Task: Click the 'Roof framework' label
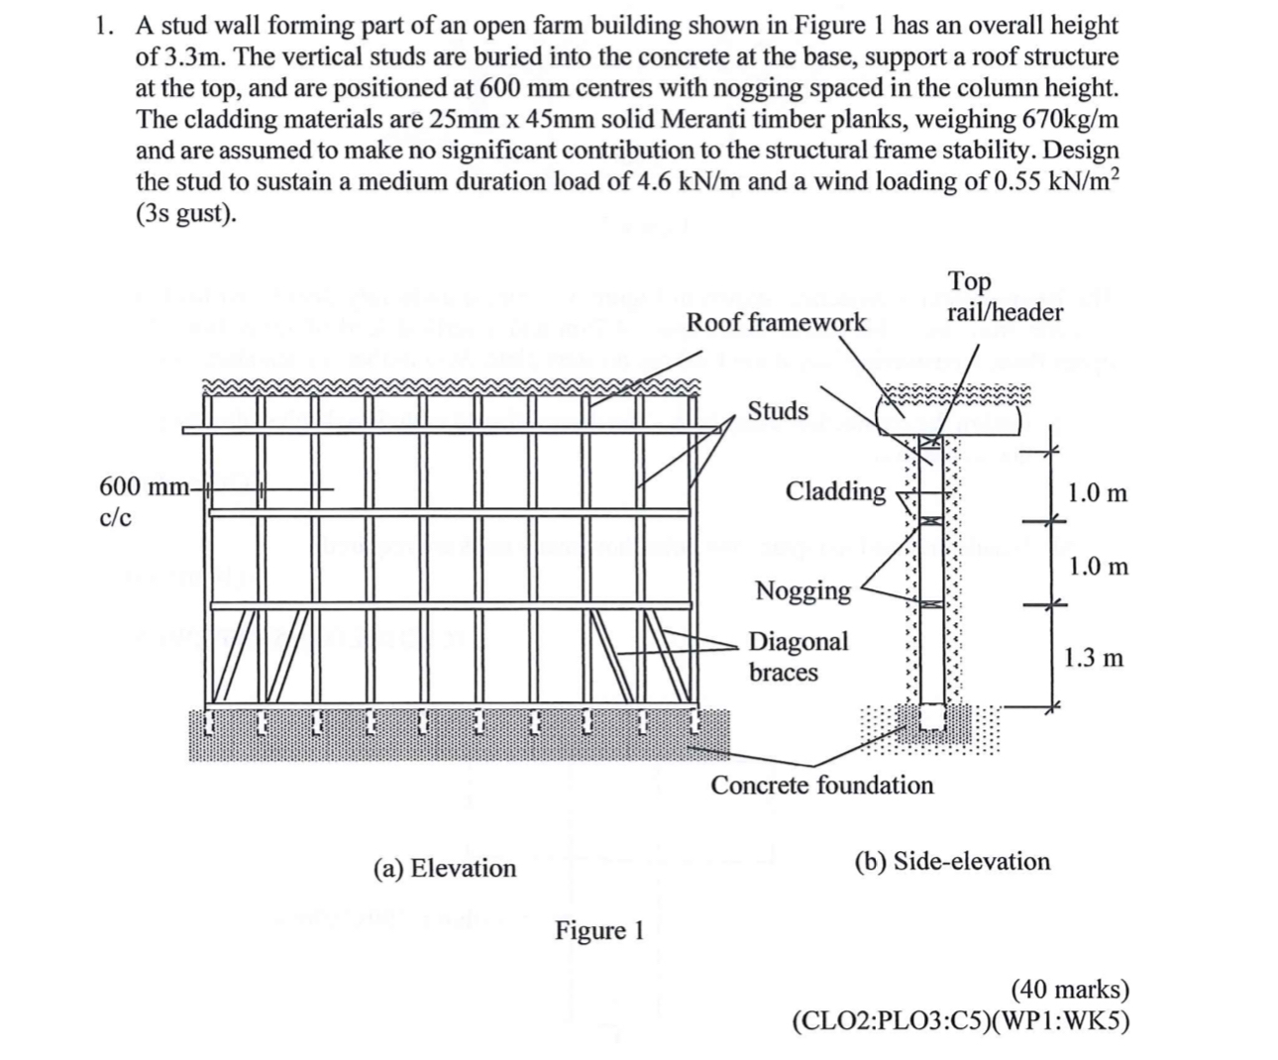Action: (x=776, y=322)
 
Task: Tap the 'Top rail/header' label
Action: (x=1005, y=297)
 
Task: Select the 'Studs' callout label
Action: (x=778, y=410)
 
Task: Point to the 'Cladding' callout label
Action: (x=835, y=490)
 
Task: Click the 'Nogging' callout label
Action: (x=802, y=590)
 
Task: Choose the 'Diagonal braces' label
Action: (x=798, y=656)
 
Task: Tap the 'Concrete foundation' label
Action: (x=821, y=785)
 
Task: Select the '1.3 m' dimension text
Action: (x=1094, y=657)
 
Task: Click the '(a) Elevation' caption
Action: (x=445, y=868)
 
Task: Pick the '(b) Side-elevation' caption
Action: (x=952, y=860)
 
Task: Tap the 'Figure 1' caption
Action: (x=599, y=930)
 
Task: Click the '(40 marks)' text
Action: (x=1069, y=989)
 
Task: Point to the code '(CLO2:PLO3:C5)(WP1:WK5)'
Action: (x=961, y=1020)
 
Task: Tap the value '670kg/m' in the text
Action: (x=1067, y=119)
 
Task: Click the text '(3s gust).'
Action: (x=186, y=213)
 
